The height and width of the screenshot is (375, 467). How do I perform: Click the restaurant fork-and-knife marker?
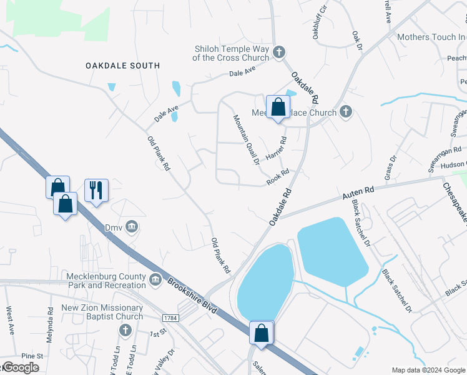coord(96,189)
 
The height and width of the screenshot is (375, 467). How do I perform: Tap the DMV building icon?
coord(131,226)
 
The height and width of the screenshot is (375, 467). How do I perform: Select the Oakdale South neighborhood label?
coord(122,66)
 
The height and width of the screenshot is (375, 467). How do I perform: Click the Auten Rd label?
coord(358,192)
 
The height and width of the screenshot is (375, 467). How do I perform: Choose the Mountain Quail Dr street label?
coord(246,141)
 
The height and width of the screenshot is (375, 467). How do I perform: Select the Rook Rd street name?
coord(278,176)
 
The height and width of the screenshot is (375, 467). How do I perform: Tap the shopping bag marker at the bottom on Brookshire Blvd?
coord(262,332)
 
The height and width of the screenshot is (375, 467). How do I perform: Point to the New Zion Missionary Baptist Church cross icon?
coord(124,329)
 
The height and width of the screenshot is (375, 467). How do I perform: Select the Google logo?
coord(20,367)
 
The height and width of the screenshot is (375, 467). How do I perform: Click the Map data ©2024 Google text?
coord(428,370)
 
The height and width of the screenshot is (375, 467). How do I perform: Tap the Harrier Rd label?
coord(276,147)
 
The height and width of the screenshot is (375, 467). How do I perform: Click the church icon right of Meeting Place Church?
coord(347,112)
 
